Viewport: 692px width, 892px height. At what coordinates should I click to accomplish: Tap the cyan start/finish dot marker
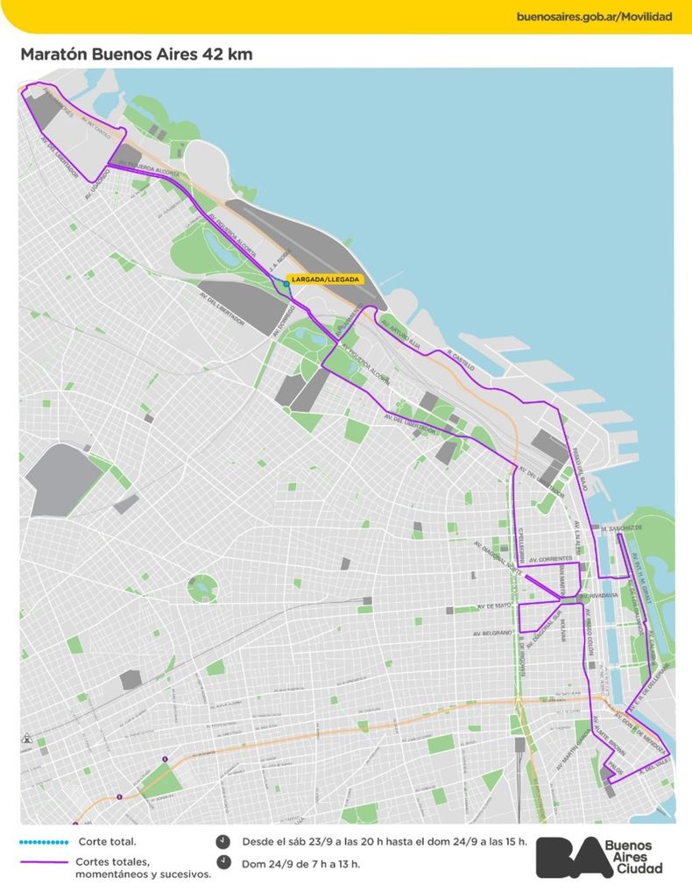(x=286, y=284)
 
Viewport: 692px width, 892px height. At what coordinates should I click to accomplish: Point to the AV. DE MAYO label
(x=492, y=605)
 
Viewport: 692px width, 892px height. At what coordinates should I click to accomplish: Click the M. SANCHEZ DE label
(x=622, y=528)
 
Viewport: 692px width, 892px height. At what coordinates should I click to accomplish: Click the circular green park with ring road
(x=202, y=586)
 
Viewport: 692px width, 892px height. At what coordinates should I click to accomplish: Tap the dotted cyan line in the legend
(x=43, y=842)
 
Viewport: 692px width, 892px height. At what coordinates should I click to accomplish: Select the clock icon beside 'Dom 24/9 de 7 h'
(x=224, y=862)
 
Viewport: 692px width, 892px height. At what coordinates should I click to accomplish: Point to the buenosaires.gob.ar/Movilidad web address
(x=596, y=17)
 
